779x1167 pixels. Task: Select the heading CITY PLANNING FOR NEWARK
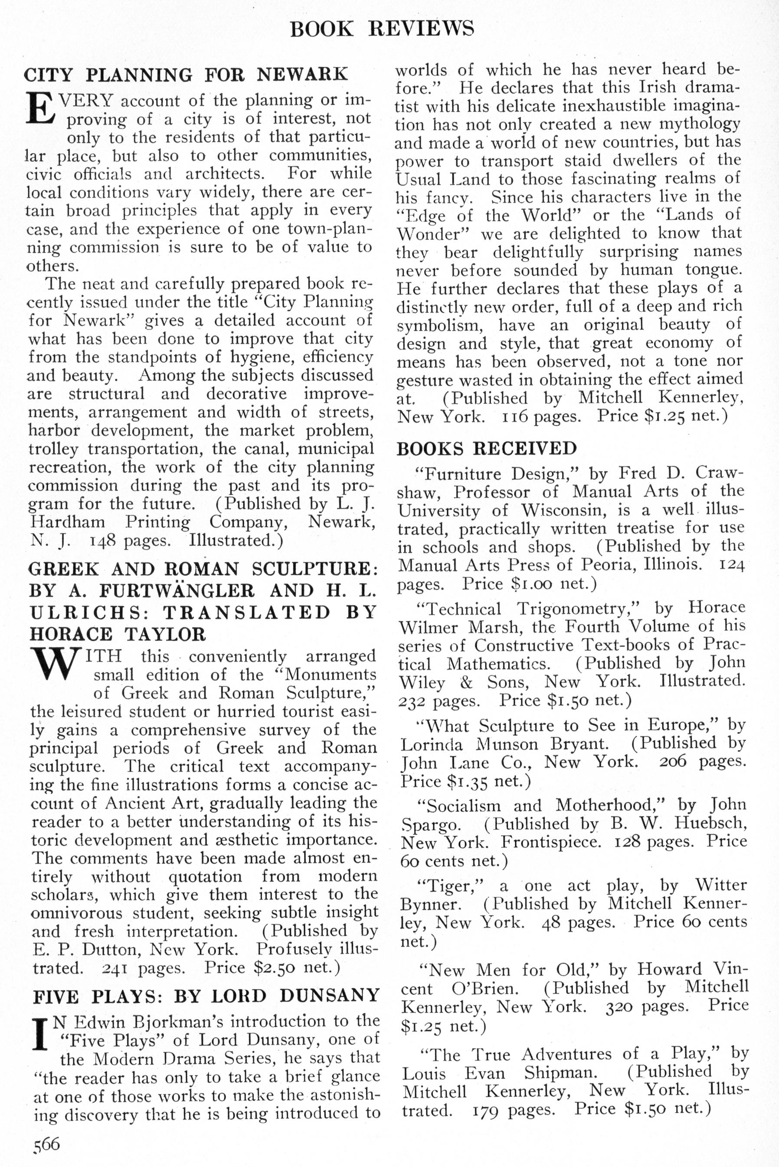tap(186, 75)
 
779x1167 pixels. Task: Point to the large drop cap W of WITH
tap(54, 664)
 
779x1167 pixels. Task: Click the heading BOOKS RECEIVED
tap(486, 449)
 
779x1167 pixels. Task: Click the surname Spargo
tap(431, 825)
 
